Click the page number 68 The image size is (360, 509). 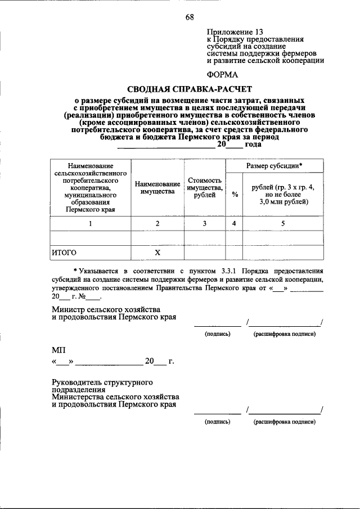[x=190, y=17]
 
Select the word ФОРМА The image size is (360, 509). [x=223, y=74]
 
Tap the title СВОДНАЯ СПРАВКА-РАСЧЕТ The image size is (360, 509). [x=190, y=88]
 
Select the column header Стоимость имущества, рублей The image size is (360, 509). [x=205, y=188]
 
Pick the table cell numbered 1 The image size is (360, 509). [x=90, y=223]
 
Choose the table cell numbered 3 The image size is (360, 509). [x=205, y=223]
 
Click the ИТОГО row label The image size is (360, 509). [x=64, y=253]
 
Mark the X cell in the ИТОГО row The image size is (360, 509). [x=157, y=253]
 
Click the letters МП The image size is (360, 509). [x=58, y=349]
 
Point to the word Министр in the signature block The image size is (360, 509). [x=70, y=309]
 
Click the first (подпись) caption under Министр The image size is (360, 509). [x=217, y=334]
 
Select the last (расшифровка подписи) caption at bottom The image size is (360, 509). [x=283, y=421]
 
